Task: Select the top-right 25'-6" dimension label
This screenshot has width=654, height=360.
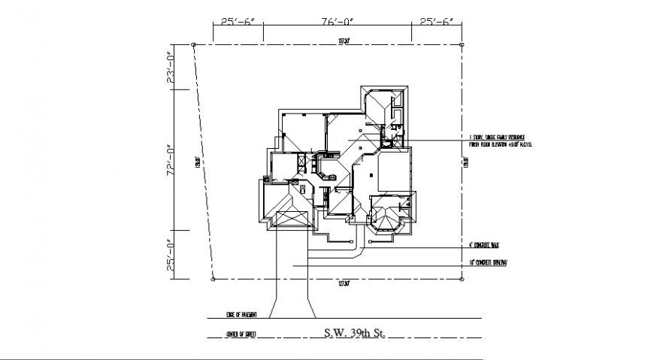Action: (x=436, y=22)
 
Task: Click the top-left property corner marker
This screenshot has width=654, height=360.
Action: (x=194, y=45)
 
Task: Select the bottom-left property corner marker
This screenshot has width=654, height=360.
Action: (x=213, y=279)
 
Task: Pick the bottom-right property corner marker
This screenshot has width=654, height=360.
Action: (x=460, y=279)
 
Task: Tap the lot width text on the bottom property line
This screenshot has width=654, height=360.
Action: (x=345, y=283)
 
